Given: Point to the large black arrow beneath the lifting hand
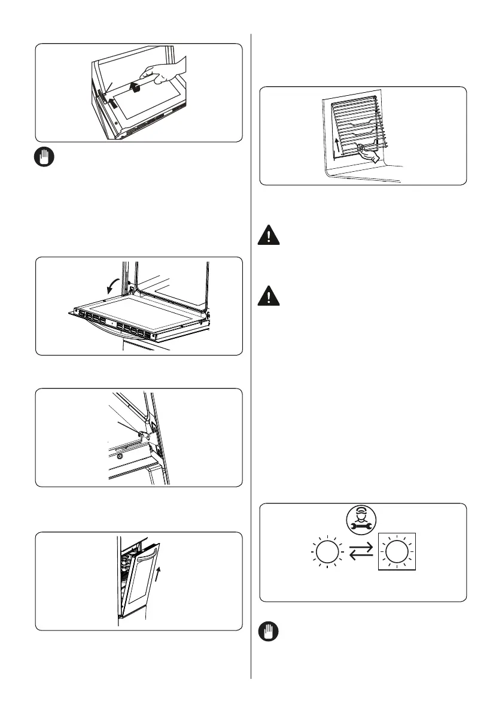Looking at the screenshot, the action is pyautogui.click(x=136, y=87).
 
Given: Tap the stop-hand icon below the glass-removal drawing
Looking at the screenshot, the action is pyautogui.click(x=44, y=158).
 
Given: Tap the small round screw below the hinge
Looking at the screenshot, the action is pyautogui.click(x=120, y=456).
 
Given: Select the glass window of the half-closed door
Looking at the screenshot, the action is pyautogui.click(x=141, y=579).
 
